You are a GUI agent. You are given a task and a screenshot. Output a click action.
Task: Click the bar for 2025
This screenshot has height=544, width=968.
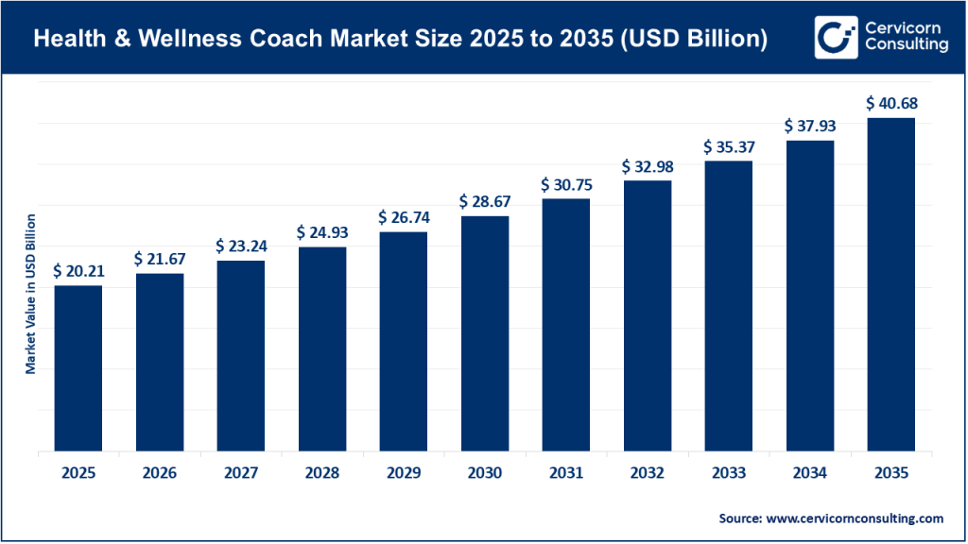tap(78, 368)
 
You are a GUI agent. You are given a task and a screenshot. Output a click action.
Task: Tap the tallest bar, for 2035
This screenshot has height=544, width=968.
tap(891, 284)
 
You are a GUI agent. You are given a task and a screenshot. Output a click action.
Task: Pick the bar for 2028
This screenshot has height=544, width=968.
tap(322, 349)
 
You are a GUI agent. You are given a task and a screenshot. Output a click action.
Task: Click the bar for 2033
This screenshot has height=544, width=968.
tap(729, 306)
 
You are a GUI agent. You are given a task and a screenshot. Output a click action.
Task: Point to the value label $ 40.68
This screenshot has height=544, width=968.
tap(891, 103)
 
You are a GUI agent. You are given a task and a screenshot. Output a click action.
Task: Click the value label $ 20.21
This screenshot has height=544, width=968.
tap(78, 271)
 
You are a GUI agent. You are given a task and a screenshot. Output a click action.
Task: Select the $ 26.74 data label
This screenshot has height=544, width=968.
tap(404, 217)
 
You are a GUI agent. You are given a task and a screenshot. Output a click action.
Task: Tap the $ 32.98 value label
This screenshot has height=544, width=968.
tap(648, 166)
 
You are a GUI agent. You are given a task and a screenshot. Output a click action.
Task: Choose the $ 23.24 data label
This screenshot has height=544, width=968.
tap(241, 246)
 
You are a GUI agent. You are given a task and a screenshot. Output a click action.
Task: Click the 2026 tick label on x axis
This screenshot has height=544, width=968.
tap(160, 472)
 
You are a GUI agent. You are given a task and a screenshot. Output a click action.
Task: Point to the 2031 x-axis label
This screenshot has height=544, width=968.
tap(566, 472)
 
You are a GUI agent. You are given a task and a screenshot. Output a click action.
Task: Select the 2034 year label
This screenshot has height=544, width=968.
tap(810, 472)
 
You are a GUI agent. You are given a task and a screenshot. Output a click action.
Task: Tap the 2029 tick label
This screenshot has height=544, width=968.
tap(404, 472)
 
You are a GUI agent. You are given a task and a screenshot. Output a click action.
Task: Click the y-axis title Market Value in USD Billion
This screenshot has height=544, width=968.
tap(30, 294)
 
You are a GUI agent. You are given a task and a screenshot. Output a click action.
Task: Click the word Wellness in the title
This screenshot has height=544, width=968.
tap(198, 40)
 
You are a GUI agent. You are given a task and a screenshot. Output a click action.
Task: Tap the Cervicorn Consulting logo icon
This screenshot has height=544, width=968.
tap(835, 37)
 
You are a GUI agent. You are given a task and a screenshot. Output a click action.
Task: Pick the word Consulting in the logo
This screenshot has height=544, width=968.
tap(905, 46)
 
